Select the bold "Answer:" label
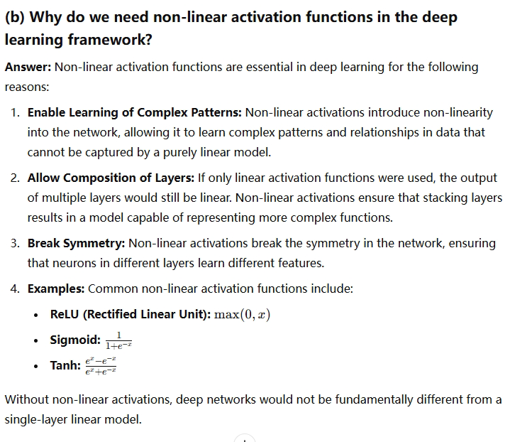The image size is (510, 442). (x=28, y=67)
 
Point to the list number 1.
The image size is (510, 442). (x=15, y=112)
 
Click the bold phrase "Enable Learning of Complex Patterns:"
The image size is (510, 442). (x=135, y=112)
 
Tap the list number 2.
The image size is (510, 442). (x=15, y=178)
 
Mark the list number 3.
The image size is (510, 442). (x=15, y=243)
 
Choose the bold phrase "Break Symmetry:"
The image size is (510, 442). (x=76, y=243)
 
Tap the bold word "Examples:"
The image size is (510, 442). (x=56, y=289)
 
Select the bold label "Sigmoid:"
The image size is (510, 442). (x=75, y=340)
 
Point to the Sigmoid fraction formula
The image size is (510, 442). (x=118, y=340)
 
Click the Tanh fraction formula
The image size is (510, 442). (x=100, y=366)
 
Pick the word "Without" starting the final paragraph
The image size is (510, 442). (x=28, y=399)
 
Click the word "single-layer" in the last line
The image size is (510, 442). (x=38, y=419)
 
